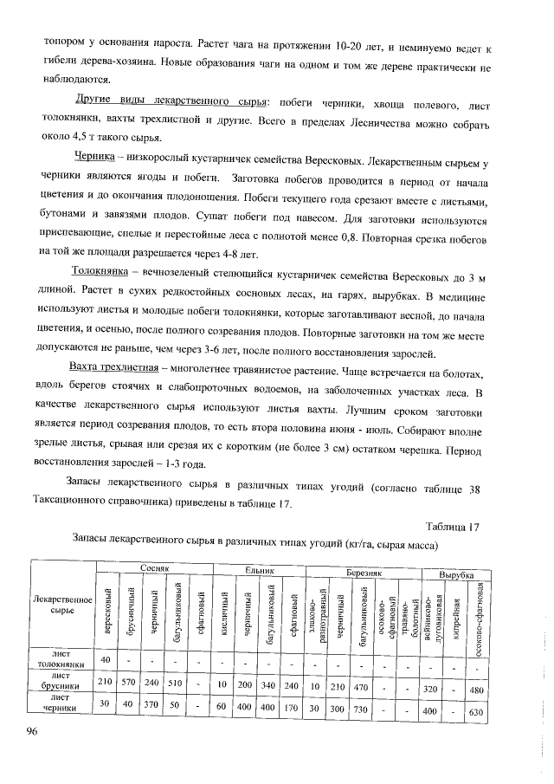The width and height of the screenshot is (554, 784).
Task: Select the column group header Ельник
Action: click(x=259, y=571)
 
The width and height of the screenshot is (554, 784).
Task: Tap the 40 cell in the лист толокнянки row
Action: click(x=105, y=660)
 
